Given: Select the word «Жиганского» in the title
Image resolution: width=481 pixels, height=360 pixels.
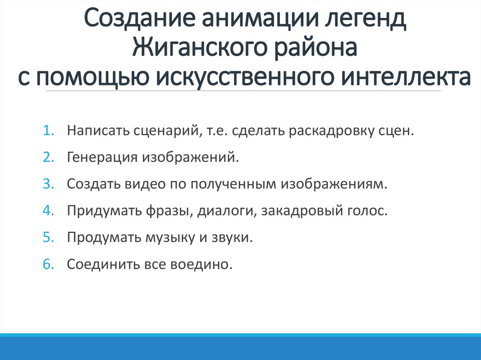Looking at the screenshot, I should tap(194, 49).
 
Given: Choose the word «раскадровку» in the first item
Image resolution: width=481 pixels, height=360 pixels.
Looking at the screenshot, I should tap(331, 130).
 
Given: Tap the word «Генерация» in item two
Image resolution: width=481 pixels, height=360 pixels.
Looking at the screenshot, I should tap(100, 157).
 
